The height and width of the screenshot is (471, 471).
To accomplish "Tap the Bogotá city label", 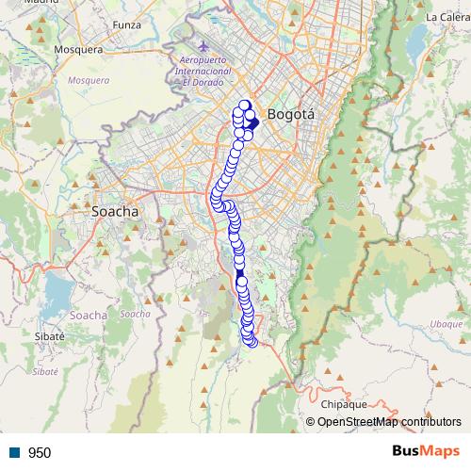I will [290, 114].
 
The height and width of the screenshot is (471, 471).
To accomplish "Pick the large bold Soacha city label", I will [115, 212].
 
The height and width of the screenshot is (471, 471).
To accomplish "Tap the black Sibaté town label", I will [49, 336].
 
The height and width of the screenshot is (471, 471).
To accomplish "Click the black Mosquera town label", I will [78, 49].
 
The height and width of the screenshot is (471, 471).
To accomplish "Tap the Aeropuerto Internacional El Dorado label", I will [205, 71].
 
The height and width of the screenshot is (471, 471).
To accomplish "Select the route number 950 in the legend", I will [40, 453].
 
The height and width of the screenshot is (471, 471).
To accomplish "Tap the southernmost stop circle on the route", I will [252, 342].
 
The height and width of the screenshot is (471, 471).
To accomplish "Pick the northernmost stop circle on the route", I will [245, 106].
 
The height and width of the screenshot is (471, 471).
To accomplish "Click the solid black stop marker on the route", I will [240, 273].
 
